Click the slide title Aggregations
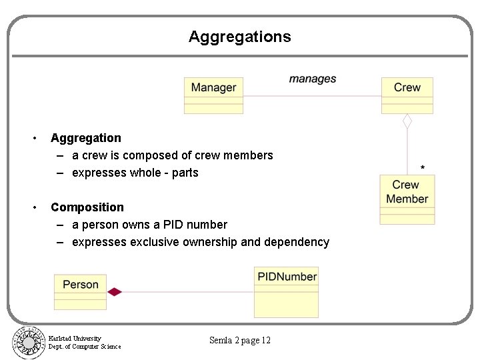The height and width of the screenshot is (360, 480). [239, 37]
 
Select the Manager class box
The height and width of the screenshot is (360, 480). [213, 95]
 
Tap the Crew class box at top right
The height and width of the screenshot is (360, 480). [407, 95]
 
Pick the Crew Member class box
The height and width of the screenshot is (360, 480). [407, 199]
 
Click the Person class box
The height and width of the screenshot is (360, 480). [80, 291]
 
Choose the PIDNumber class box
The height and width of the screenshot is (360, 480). [287, 291]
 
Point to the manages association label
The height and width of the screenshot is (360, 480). [312, 79]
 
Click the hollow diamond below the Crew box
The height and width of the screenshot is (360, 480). [407, 121]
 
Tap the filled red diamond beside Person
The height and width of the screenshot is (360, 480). [115, 291]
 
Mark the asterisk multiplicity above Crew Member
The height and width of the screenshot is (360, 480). [423, 168]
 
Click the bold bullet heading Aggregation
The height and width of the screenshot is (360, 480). [86, 138]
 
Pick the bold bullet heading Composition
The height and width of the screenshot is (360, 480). [87, 207]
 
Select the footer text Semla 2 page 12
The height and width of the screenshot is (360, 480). [240, 341]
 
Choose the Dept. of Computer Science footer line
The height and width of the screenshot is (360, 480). [85, 347]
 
